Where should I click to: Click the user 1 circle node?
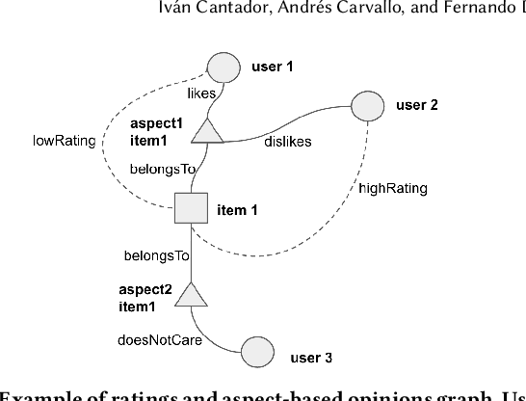[x=224, y=67]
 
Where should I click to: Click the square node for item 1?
[x=192, y=208]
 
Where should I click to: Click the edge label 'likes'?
[x=202, y=94]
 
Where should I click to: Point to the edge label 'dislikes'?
[x=286, y=143]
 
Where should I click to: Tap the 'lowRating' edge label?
[x=64, y=141]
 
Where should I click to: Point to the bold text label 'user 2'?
[x=416, y=104]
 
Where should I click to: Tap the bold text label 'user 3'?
[x=311, y=358]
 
